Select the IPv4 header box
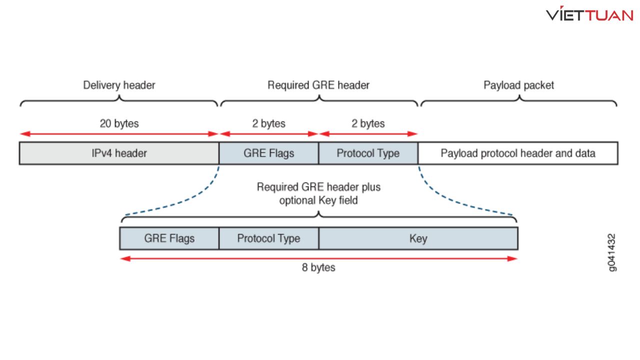coord(119,153)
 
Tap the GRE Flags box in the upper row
coord(268,153)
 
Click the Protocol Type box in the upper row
coord(368,153)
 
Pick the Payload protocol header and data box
coord(518,153)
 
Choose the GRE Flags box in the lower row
coord(169,238)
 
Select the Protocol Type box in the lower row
coord(268,238)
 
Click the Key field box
coord(418,238)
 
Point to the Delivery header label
coord(119,85)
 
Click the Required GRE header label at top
coord(318,85)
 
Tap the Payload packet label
coord(518,85)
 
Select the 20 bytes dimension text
coord(119,123)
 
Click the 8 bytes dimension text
coord(318,267)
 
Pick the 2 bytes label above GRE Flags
coord(268,123)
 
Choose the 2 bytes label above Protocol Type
coord(368,123)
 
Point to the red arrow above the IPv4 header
coord(119,134)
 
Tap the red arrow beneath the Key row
coord(318,258)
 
